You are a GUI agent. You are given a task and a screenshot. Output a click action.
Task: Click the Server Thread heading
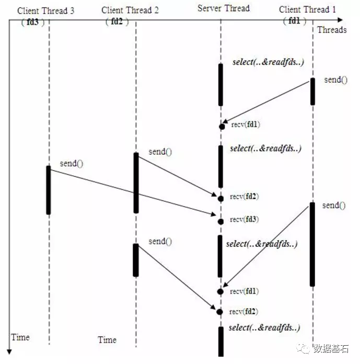(224, 8)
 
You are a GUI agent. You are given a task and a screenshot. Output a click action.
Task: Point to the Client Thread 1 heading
(305, 9)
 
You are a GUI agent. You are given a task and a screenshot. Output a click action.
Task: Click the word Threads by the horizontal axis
(332, 30)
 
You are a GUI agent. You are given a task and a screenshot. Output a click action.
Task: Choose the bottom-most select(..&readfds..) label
(264, 328)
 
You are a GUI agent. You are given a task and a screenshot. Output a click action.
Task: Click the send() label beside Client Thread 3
(72, 163)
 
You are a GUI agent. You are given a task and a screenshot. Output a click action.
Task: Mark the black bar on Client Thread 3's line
(49, 190)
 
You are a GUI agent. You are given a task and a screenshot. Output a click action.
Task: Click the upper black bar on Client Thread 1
(313, 92)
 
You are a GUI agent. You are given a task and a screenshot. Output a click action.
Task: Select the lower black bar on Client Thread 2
(136, 260)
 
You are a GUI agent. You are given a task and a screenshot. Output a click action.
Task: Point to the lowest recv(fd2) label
(244, 311)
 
